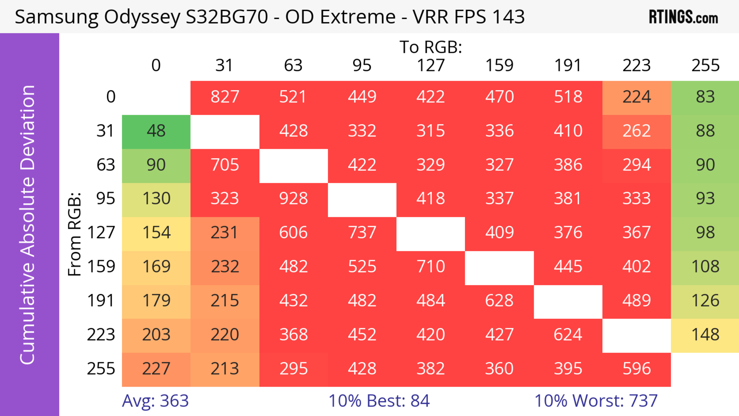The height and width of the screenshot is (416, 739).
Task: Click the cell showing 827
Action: (225, 97)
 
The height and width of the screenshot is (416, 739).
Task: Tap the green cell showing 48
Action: (156, 131)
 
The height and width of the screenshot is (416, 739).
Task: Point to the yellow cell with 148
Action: (705, 335)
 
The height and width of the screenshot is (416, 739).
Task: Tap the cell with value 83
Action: (705, 97)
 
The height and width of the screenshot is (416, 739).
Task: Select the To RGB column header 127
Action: (431, 65)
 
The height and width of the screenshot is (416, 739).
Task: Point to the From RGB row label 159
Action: (101, 267)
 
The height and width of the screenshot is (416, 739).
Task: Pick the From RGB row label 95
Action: (106, 198)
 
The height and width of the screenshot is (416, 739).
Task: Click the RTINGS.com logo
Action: (683, 17)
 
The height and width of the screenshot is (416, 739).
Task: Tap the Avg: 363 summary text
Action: (155, 401)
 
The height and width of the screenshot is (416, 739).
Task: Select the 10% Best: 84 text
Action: (379, 401)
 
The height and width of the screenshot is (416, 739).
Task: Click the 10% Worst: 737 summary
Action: (596, 401)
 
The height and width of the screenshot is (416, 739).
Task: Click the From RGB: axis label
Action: (74, 234)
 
